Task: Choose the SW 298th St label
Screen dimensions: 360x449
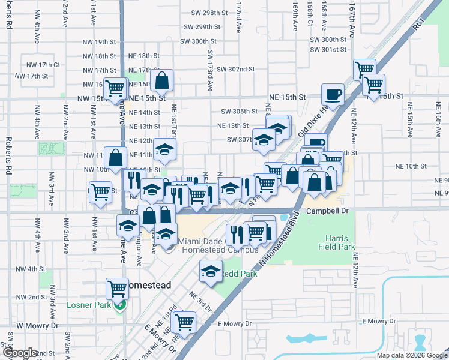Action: pyautogui.click(x=207, y=13)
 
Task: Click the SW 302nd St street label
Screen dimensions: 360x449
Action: pyautogui.click(x=236, y=70)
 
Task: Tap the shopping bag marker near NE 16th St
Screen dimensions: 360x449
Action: pyautogui.click(x=162, y=80)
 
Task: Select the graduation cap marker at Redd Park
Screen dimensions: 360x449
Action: pyautogui.click(x=211, y=271)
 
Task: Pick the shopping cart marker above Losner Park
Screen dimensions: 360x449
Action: pyautogui.click(x=118, y=289)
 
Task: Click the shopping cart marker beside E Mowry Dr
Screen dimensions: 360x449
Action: pyautogui.click(x=184, y=321)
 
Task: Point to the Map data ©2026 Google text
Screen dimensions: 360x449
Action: pyautogui.click(x=412, y=355)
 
